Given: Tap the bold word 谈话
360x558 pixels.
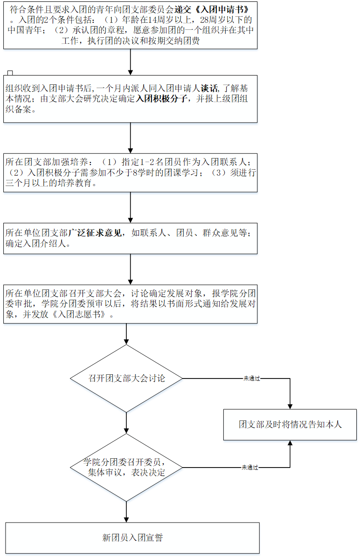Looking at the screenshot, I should [208, 87].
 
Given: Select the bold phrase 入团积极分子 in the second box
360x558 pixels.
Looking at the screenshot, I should [161, 98].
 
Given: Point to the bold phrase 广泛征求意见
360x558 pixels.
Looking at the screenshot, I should [97, 233].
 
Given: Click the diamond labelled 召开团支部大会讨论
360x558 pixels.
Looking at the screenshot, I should [127, 378].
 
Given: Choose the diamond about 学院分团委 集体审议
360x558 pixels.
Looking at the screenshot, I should [127, 468].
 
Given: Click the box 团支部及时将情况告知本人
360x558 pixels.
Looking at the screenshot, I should [290, 425].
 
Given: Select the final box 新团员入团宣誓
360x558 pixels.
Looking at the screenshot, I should [132, 537].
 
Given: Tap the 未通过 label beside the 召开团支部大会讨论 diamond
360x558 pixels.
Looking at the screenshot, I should [251, 379].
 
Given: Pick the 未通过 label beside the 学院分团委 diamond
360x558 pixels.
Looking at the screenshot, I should [249, 467].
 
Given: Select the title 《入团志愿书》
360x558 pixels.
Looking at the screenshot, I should [83, 315].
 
